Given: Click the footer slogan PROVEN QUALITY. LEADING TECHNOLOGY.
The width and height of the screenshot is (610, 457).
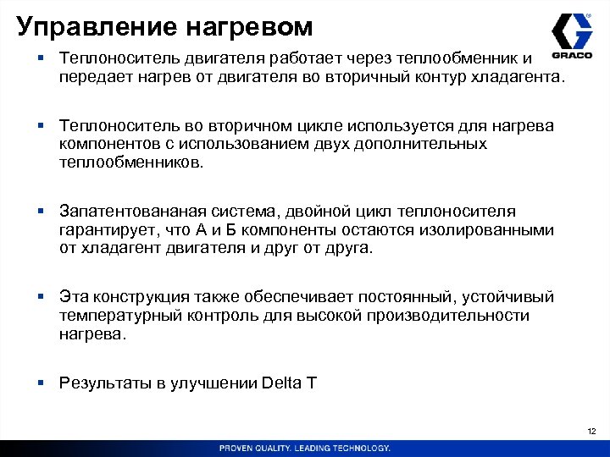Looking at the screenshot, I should point(305,448).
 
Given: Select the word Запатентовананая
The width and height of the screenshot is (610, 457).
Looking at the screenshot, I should point(131,211).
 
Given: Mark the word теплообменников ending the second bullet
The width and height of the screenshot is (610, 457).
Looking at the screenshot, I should point(131,162).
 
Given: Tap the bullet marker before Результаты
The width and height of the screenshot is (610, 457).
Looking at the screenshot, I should point(41,383).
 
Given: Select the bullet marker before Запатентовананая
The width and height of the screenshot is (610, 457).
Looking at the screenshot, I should point(41,211).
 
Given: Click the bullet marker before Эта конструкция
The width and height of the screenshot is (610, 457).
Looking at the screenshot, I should point(41,297).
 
